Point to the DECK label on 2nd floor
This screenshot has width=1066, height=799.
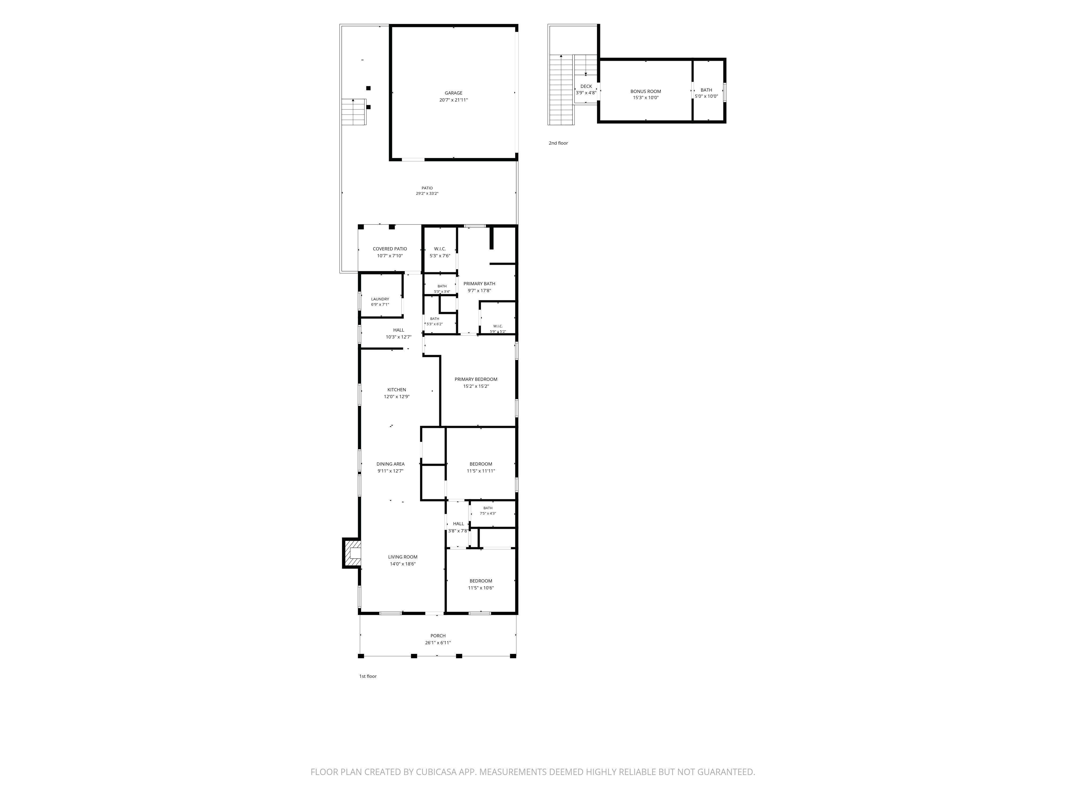586,87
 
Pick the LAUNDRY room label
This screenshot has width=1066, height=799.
380,299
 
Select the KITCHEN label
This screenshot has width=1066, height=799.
397,390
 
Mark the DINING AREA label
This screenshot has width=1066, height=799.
390,464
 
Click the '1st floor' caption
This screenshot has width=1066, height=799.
368,676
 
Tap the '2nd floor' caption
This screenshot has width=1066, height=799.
558,143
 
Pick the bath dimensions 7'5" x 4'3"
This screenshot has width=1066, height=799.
488,513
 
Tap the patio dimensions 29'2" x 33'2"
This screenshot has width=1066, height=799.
427,194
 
